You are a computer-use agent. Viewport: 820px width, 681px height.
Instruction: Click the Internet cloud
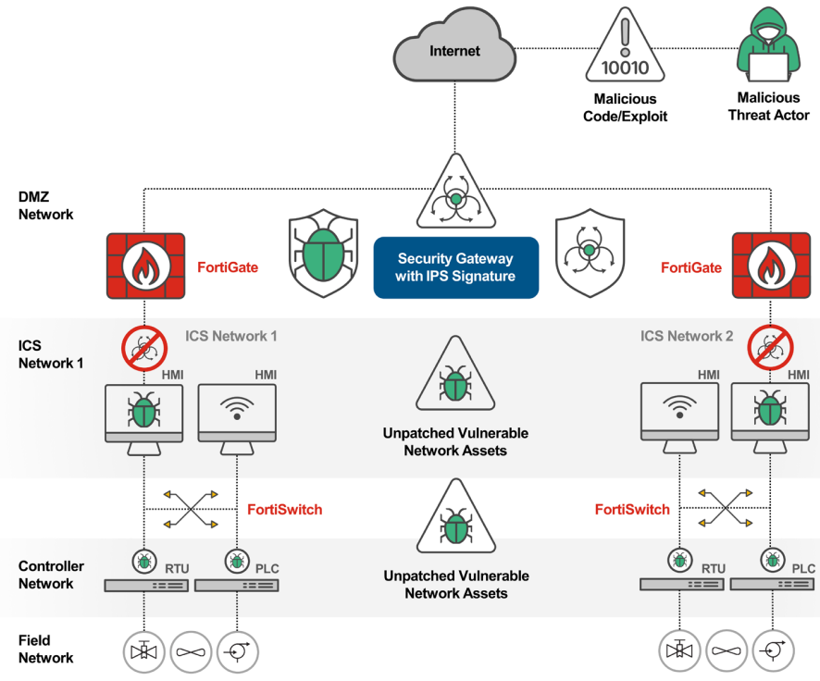(x=454, y=46)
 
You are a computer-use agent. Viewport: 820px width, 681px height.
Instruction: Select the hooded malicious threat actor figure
(x=769, y=44)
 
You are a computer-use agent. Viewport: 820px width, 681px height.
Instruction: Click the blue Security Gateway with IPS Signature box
(x=456, y=267)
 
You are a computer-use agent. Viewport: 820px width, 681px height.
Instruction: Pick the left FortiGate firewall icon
(x=146, y=266)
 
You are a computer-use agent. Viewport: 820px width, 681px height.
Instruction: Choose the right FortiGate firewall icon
(x=771, y=266)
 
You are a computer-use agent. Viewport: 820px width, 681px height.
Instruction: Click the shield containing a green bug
(x=324, y=253)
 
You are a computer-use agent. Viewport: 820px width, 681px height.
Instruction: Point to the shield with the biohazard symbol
(x=590, y=253)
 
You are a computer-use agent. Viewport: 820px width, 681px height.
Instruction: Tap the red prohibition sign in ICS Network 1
(x=144, y=348)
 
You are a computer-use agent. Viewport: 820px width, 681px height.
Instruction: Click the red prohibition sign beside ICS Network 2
(x=770, y=348)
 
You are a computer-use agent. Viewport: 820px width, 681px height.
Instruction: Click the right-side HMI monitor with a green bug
(x=770, y=418)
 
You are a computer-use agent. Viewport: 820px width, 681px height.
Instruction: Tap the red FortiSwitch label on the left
(x=284, y=510)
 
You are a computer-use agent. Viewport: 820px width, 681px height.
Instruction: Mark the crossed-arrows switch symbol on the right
(x=726, y=507)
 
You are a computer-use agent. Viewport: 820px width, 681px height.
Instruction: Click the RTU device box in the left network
(x=146, y=586)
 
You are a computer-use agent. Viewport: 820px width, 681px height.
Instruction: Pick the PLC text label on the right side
(x=803, y=569)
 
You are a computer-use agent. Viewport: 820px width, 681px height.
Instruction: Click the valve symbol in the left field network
(x=143, y=651)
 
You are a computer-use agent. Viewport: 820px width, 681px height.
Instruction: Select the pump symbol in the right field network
(x=773, y=650)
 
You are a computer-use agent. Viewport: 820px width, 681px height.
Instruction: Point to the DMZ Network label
(x=45, y=205)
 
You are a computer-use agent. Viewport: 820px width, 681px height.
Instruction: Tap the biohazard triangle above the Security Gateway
(x=456, y=192)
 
